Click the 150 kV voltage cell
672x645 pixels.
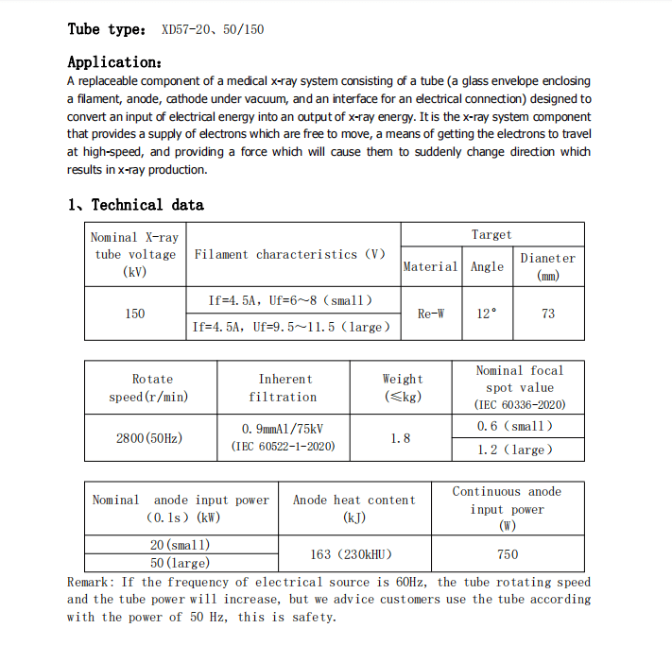pos(135,314)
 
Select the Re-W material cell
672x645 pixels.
pos(431,314)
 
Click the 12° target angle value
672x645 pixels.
pos(487,314)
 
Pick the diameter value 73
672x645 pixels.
pos(548,314)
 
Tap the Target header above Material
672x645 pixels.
pos(491,234)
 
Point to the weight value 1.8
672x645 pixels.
pos(401,438)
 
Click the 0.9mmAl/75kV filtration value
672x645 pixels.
pos(284,429)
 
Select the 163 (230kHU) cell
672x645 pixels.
pos(352,554)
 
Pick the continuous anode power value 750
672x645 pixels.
pos(508,554)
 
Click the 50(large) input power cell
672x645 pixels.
pos(180,563)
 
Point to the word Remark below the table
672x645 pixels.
pos(90,582)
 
